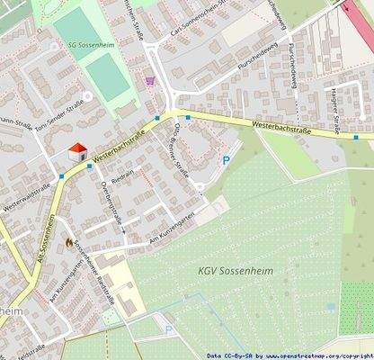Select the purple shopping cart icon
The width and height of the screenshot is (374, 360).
(149, 80)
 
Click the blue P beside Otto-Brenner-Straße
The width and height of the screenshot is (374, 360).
(226, 160)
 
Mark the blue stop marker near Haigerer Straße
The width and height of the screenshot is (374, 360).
(355, 138)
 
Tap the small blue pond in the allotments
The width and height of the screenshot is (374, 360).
(332, 306)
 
